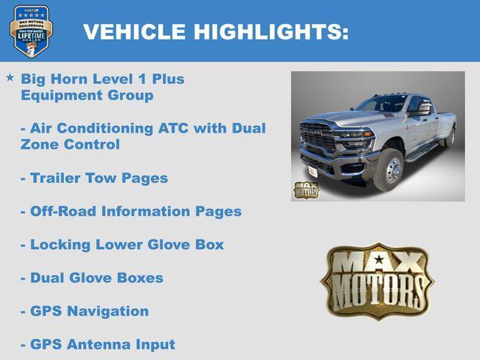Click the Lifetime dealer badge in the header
(31, 31)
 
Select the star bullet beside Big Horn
(10, 77)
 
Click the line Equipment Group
(87, 95)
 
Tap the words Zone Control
(70, 145)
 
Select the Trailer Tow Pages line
(94, 178)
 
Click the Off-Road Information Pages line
(131, 211)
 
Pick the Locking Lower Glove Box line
(122, 244)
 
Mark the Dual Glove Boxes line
(91, 277)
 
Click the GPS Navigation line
(85, 310)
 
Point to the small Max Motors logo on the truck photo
(306, 189)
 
